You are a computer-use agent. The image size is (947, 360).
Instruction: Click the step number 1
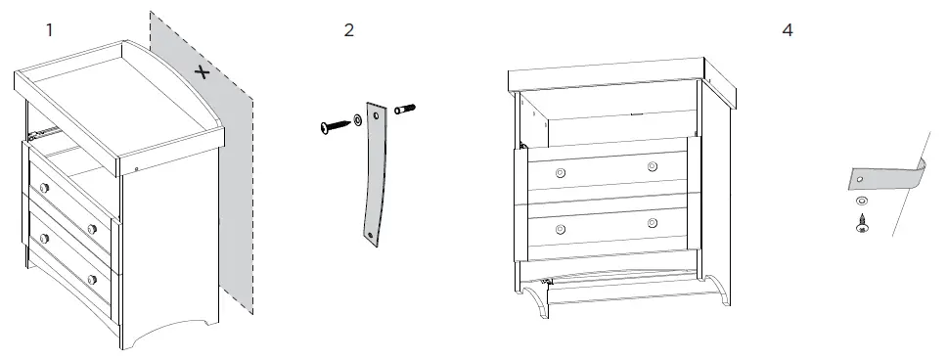click(49, 30)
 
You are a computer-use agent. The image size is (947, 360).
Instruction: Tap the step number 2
click(348, 30)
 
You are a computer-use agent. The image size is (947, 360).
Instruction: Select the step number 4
click(788, 30)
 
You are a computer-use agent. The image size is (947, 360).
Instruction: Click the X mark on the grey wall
click(202, 71)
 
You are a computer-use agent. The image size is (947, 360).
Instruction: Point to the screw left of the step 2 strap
click(336, 124)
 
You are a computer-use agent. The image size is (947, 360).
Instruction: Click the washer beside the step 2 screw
click(358, 119)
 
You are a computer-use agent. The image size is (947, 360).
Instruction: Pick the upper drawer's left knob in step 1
click(42, 187)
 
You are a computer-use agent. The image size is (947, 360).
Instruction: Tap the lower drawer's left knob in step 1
click(42, 237)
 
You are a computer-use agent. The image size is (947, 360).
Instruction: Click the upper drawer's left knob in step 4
click(560, 172)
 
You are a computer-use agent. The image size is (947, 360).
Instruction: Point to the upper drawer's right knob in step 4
click(652, 167)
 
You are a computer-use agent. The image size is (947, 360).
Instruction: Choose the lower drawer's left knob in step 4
click(560, 229)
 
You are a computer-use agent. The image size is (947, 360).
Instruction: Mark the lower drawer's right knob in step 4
click(652, 224)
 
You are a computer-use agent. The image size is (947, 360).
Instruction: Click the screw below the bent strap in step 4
click(862, 223)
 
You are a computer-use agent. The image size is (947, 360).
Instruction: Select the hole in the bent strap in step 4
click(860, 181)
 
